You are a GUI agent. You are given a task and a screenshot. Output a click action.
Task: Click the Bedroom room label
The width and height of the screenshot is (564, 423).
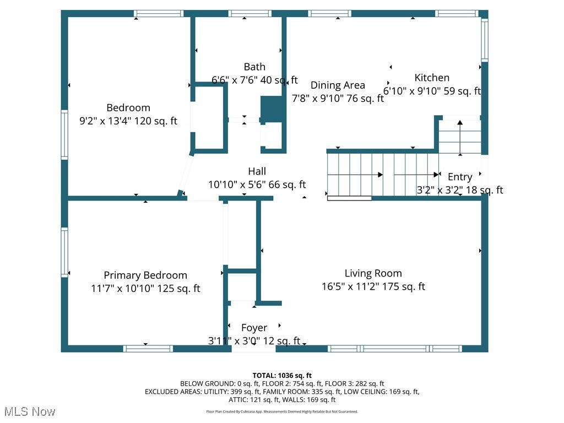click(128, 107)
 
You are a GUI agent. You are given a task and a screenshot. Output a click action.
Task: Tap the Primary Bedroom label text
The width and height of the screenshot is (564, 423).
click(145, 275)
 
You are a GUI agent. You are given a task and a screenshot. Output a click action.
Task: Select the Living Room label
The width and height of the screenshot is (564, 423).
click(373, 273)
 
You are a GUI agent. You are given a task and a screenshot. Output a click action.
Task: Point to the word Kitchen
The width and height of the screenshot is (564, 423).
click(432, 78)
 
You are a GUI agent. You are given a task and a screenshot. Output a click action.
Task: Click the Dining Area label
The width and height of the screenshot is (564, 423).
click(338, 85)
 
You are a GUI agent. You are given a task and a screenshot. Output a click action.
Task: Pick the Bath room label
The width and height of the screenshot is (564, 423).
click(254, 67)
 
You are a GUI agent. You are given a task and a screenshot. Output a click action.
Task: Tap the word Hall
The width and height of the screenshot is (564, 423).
click(257, 171)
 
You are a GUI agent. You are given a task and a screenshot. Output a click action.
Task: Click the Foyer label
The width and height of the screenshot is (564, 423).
click(254, 328)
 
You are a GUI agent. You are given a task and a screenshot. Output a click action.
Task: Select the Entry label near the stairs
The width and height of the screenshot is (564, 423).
click(460, 177)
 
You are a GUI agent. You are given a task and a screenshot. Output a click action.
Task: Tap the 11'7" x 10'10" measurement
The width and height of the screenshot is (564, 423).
click(123, 289)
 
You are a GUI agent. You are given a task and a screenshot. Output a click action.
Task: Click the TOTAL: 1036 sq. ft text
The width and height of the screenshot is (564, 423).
click(282, 376)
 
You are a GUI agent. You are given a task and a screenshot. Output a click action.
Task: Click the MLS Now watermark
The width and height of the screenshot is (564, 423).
click(30, 411)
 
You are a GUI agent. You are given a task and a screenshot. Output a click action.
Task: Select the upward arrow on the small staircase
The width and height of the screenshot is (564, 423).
click(460, 138)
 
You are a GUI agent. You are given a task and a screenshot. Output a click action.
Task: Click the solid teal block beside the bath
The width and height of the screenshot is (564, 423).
click(273, 109)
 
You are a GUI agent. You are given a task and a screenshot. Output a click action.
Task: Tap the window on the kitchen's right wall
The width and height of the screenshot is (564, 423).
click(485, 39)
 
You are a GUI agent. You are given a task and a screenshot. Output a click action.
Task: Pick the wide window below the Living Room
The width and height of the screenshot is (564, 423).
click(394, 349)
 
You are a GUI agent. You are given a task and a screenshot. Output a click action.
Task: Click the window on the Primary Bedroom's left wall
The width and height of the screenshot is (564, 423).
click(64, 252)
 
